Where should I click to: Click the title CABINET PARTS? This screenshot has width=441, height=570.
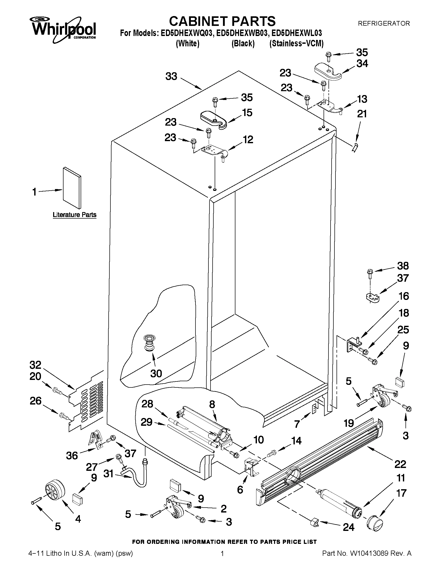pos(222,21)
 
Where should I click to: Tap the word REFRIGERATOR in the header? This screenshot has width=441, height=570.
pos(383,24)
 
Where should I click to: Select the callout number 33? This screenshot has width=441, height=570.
pos(171,76)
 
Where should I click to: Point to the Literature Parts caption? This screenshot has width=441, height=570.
pos(74,215)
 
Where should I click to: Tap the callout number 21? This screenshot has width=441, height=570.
pos(362,114)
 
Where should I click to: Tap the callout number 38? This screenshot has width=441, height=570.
pos(403,266)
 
